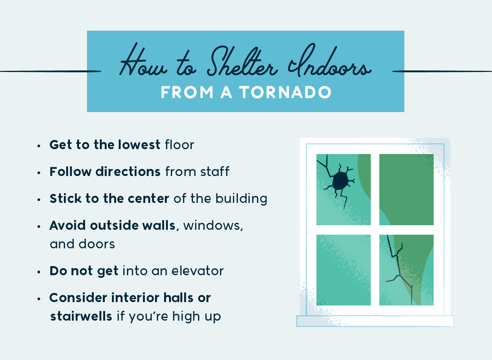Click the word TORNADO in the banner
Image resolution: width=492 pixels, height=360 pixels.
(285, 92)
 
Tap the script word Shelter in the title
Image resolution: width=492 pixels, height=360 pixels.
(242, 62)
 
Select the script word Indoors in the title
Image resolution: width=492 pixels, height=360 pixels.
(329, 61)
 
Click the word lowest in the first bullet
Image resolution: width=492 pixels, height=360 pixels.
(139, 145)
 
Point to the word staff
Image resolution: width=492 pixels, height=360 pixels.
(215, 171)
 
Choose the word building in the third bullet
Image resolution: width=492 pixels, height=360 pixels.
(241, 199)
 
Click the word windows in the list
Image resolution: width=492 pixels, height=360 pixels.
(213, 226)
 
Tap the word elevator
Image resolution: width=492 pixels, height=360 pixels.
(197, 271)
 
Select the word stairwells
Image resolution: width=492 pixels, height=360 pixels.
(81, 316)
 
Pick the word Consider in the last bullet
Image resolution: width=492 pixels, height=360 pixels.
(78, 298)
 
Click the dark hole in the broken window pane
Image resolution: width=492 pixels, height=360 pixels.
(340, 181)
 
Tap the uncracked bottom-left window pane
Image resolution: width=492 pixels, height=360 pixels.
(343, 270)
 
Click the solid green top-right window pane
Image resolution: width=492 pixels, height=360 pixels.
(406, 189)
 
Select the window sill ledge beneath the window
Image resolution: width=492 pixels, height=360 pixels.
(375, 321)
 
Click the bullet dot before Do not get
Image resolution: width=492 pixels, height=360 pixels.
(39, 272)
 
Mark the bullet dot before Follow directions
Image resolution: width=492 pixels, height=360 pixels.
(39, 173)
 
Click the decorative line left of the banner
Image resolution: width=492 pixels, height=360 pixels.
(51, 71)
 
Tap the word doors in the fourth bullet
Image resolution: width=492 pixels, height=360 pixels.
(97, 244)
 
